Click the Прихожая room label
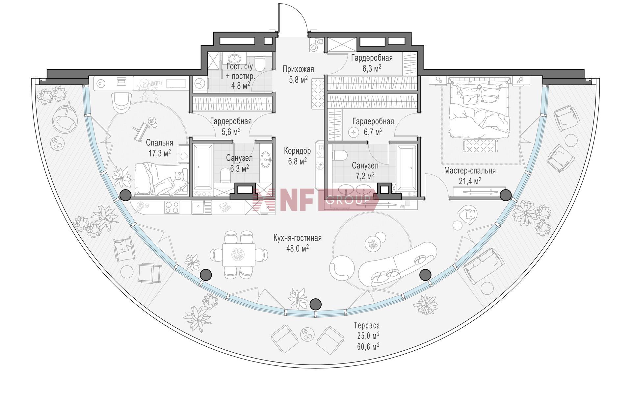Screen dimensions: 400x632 298,69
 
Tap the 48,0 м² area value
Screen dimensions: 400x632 297,248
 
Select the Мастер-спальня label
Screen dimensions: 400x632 470,171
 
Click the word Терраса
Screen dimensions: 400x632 367,326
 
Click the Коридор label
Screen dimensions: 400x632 297,151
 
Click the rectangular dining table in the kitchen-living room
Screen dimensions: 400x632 239,254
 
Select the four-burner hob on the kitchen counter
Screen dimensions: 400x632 172,207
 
